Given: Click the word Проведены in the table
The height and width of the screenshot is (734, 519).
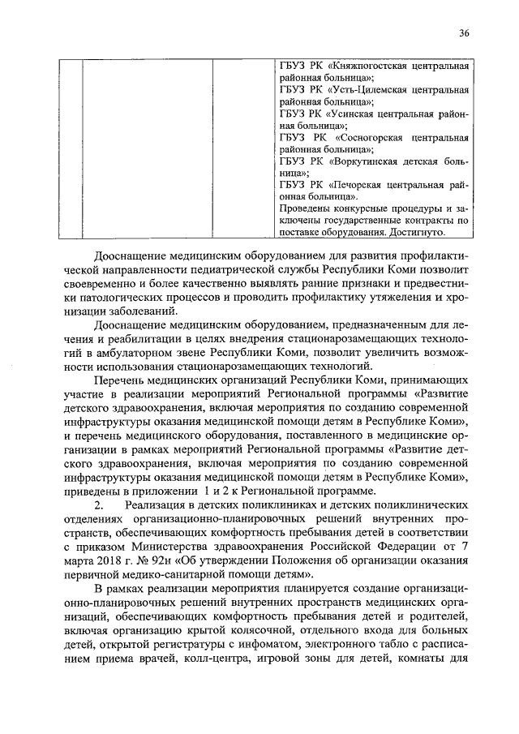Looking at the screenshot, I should click(x=305, y=208).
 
